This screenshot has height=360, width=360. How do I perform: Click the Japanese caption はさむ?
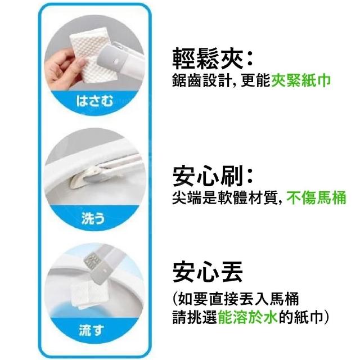94,101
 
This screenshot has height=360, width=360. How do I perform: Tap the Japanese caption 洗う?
93,218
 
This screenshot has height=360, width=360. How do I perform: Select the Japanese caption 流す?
92,330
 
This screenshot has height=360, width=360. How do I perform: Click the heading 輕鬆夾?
208,59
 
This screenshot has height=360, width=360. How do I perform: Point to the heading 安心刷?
208,176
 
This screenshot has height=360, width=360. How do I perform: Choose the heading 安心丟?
208,272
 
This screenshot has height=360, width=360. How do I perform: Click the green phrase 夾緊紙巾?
301,80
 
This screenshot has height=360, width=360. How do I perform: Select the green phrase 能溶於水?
248,317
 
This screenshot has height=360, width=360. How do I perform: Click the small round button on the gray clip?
115,61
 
